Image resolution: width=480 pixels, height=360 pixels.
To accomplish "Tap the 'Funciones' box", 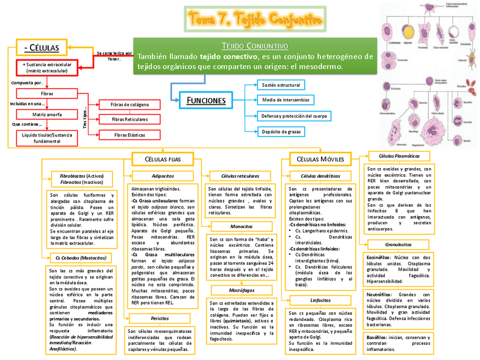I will [x=206, y=101].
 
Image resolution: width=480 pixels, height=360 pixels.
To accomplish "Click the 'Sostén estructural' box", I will [x=281, y=85].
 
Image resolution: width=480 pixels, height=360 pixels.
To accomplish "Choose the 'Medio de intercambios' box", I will [x=285, y=100].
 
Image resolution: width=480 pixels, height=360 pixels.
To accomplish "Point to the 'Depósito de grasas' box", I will [x=281, y=132].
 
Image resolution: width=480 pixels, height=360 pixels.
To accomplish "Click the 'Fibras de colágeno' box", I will [x=130, y=105].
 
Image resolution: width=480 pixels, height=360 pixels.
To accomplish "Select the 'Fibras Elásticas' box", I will [x=129, y=135].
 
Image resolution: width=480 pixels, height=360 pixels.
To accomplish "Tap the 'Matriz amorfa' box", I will [x=47, y=114].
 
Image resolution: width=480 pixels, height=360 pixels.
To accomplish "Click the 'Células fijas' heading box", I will [x=163, y=159].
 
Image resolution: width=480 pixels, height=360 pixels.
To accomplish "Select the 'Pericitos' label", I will [x=160, y=319].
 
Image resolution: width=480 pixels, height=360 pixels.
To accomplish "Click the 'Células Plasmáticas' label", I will [x=399, y=156].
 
